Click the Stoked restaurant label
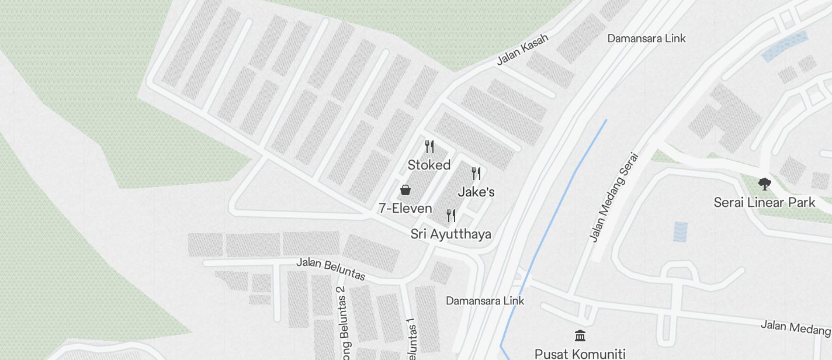point(429,165)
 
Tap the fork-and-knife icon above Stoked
point(429,146)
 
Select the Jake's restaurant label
point(476,192)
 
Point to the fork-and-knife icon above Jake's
point(476,174)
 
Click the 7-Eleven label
point(405,209)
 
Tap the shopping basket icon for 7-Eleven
point(405,190)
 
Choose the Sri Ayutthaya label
point(450,234)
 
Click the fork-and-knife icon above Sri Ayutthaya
point(451,216)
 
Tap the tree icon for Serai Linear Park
point(764,184)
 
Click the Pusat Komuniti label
point(580,354)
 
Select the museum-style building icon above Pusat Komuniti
point(580,335)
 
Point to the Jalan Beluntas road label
point(331,268)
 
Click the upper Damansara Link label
point(646,39)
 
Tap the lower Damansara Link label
point(485,301)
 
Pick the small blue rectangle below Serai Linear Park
point(681,231)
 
